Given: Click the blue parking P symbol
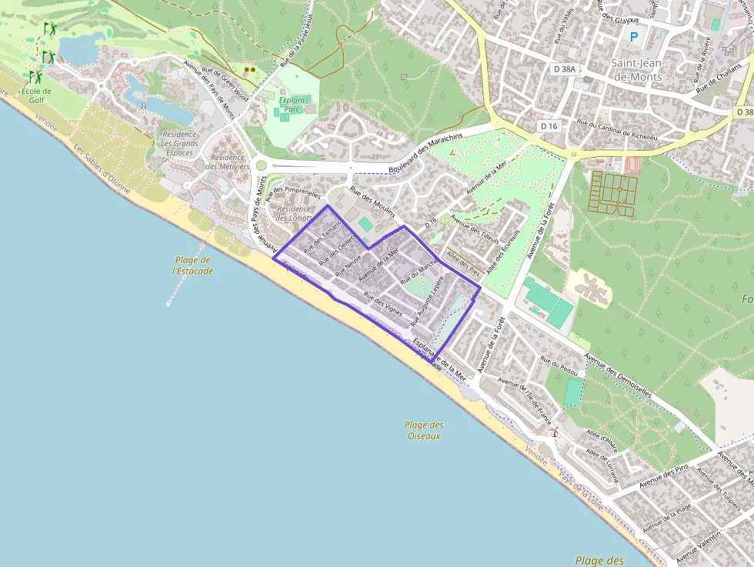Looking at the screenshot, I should point(634,36).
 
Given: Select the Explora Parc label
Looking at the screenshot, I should point(292,105).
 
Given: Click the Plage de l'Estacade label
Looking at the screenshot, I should point(192,265).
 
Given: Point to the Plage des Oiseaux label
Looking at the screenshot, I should point(424,430).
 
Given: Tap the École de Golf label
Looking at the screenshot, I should point(32,95).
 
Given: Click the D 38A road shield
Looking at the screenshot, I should point(564,68).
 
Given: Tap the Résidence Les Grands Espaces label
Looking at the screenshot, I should point(179,143).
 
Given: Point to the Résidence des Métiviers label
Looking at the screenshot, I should point(229,162).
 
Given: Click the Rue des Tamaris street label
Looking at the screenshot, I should point(322,238).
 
